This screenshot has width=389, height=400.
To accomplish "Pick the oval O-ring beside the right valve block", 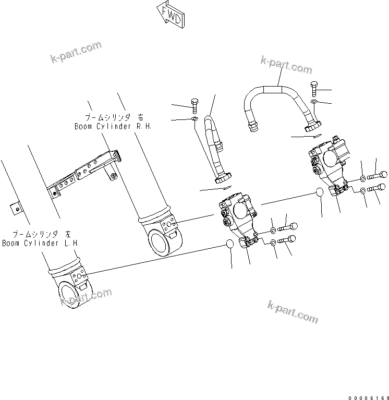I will pyautogui.click(x=320, y=194).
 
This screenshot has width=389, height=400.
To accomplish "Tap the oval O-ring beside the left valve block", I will pyautogui.click(x=230, y=244).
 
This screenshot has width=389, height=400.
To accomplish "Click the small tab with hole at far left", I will pyautogui.click(x=15, y=207).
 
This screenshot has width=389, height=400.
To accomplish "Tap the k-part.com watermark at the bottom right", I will pyautogui.click(x=293, y=311).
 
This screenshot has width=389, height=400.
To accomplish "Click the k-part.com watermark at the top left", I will pyautogui.click(x=76, y=53).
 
